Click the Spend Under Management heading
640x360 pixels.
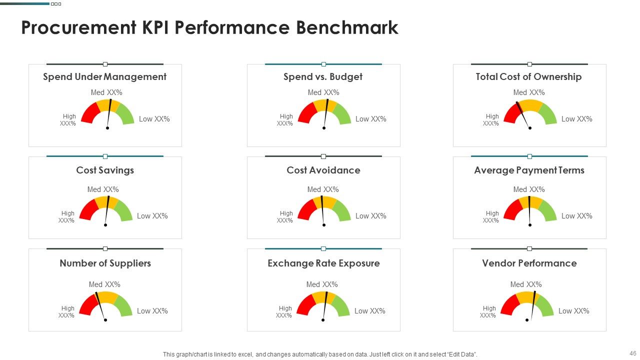point(104,77)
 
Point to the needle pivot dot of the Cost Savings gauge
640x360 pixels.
point(105,225)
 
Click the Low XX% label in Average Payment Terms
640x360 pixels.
point(576,216)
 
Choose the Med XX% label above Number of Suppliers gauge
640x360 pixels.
point(104,284)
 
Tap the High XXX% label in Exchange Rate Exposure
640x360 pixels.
point(284,311)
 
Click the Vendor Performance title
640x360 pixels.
point(529,263)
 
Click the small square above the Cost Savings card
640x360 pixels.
point(105,156)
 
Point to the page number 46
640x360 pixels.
point(632,353)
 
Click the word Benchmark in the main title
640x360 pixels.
point(347,27)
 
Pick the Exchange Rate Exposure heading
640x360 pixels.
point(323,263)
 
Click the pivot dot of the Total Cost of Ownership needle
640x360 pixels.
point(530,128)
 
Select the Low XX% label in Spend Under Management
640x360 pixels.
point(154,119)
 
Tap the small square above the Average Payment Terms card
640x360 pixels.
point(529,156)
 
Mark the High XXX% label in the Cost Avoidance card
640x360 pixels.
point(285,217)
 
